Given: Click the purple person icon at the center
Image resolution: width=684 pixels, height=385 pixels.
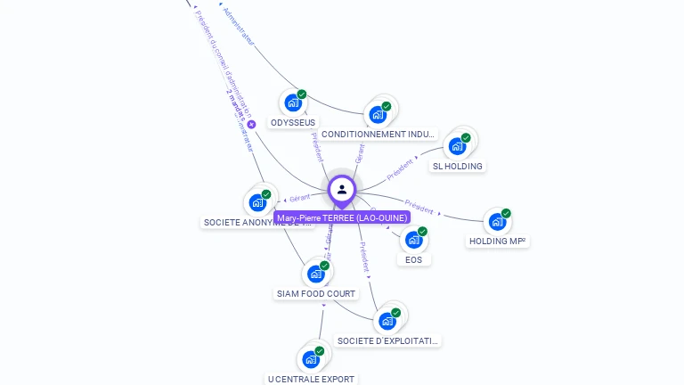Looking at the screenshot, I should coord(342,189).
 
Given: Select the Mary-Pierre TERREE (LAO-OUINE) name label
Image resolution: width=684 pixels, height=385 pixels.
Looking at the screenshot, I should coord(342,217).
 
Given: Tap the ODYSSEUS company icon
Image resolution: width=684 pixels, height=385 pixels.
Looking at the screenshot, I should coord(292,102).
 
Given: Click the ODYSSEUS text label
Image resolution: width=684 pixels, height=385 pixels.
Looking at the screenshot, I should coord(293,122).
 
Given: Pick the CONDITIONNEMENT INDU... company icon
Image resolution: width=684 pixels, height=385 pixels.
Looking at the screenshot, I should coord(378,114).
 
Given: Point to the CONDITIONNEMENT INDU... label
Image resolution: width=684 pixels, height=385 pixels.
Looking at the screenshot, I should coord(379,135).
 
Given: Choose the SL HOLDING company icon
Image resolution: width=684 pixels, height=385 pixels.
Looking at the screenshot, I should coord(458,145).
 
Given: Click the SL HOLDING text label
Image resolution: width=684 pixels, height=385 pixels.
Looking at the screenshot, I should coord(458,166).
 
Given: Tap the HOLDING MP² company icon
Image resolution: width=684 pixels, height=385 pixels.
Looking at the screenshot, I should coord(497,221).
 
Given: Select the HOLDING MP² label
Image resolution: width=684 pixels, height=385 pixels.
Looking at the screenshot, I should coord(497,241).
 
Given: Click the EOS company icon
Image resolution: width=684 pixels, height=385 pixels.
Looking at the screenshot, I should coord(413,239).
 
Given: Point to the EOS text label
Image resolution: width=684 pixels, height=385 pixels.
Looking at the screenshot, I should coord(413,259).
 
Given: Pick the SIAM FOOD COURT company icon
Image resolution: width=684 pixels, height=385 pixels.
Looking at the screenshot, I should coord(315,274).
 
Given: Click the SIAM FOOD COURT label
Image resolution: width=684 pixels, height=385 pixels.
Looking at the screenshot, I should coord(316,293).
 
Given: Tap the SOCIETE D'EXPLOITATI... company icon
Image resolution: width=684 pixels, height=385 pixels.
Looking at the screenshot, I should coord(387,321).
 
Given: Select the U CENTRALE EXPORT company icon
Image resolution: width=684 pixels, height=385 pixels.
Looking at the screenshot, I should coord(310,359).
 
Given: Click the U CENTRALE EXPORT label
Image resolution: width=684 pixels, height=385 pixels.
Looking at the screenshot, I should coord(312,379).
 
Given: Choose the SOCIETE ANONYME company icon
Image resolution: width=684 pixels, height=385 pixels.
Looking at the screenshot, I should coord(258,202).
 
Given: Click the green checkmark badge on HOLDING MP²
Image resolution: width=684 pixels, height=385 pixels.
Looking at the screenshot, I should coord(506,213).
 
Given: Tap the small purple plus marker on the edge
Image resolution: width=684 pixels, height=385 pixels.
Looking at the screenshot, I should coord(251,125).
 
